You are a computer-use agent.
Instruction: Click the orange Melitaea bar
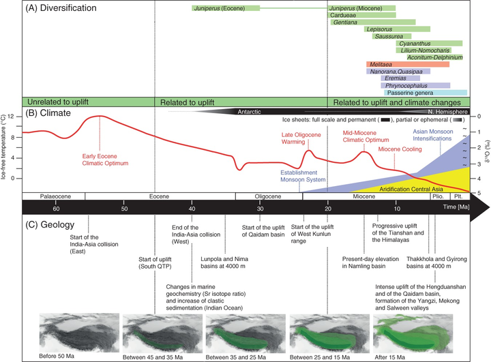pyautogui.click(x=408, y=65)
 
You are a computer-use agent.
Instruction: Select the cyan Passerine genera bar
pyautogui.click(x=426, y=93)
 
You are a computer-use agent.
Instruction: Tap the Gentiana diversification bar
pyautogui.click(x=373, y=22)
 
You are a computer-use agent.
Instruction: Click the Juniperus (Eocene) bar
pyautogui.click(x=226, y=8)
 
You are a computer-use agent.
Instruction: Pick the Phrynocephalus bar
pyautogui.click(x=415, y=85)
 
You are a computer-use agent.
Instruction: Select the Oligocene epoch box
pyautogui.click(x=269, y=196)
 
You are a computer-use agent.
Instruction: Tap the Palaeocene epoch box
pyautogui.click(x=54, y=196)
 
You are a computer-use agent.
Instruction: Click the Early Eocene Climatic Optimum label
pyautogui.click(x=105, y=160)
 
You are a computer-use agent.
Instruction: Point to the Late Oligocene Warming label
pyautogui.click(x=301, y=138)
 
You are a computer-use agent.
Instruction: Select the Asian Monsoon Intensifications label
pyautogui.click(x=433, y=135)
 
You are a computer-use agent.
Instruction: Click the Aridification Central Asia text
pyautogui.click(x=411, y=189)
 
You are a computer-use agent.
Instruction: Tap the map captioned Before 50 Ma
pyautogui.click(x=79, y=333)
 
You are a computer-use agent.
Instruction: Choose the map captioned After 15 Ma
pyautogui.click(x=413, y=333)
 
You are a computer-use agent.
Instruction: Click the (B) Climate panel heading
pyautogui.click(x=48, y=112)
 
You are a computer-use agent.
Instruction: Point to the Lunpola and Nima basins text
pyautogui.click(x=224, y=262)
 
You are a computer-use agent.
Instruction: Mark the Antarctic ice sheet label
pyautogui.click(x=249, y=112)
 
